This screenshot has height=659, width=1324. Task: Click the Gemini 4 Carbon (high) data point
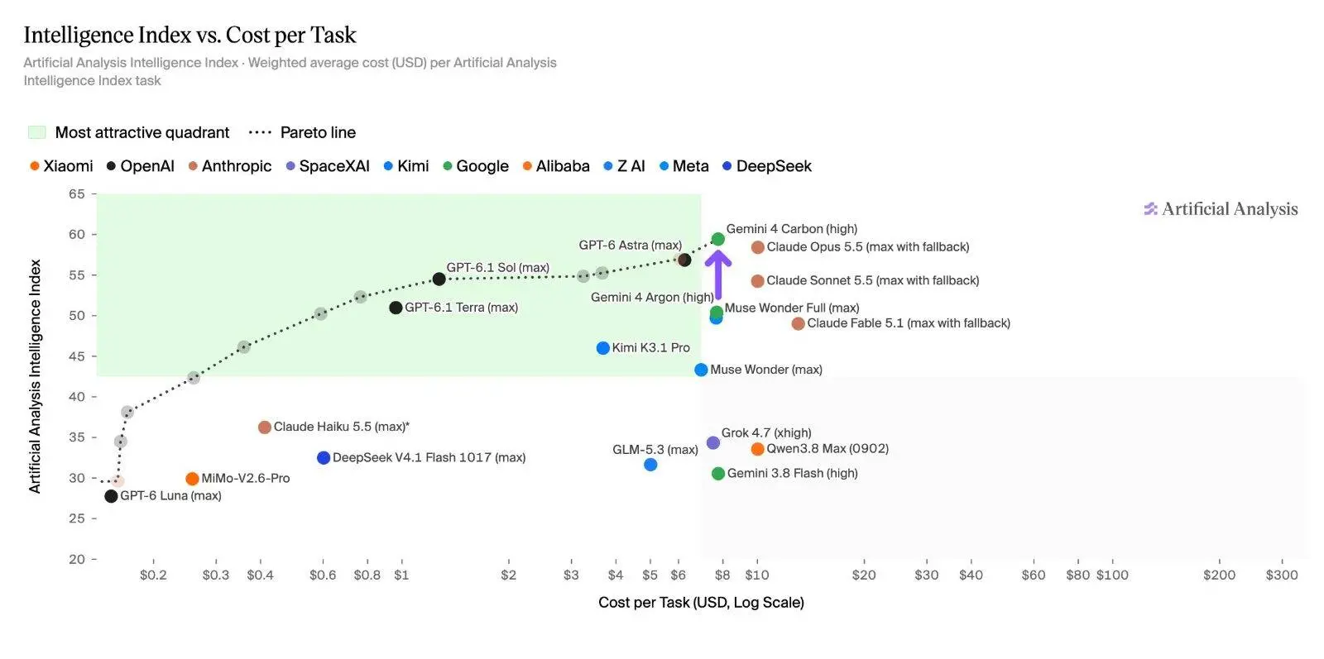click(x=717, y=239)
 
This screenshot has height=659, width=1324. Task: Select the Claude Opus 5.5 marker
click(x=758, y=247)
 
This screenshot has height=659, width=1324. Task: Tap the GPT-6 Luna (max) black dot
click(x=111, y=496)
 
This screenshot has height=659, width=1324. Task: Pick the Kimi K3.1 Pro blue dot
click(x=603, y=348)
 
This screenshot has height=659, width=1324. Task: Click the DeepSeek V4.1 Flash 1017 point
click(x=324, y=457)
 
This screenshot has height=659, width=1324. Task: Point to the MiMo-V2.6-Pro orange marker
click(x=192, y=479)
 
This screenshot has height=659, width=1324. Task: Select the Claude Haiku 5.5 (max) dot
click(x=265, y=427)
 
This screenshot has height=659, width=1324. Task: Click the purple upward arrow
click(x=718, y=275)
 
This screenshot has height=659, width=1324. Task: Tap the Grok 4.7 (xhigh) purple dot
click(x=713, y=443)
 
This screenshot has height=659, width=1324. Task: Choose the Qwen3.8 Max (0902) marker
click(x=757, y=449)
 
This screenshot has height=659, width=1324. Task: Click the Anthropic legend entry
click(x=230, y=166)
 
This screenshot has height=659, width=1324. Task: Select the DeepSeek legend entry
click(x=767, y=166)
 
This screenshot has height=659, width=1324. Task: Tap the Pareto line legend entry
click(x=302, y=133)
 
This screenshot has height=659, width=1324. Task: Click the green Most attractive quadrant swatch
click(x=36, y=133)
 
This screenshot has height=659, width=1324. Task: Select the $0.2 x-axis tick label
click(x=153, y=575)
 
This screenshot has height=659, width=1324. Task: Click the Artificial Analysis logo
click(x=1221, y=209)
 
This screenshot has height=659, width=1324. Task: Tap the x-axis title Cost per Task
click(x=701, y=603)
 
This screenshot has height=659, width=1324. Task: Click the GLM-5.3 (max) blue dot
click(x=650, y=466)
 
